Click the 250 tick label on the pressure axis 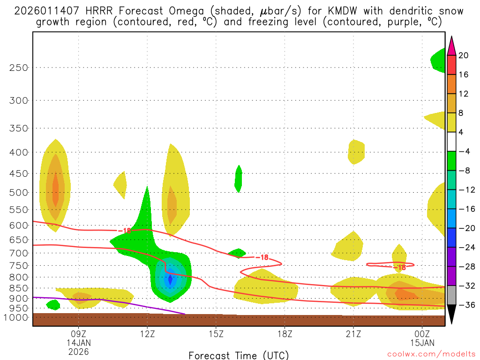click(19, 67)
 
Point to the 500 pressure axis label click(19, 193)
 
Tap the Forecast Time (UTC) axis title click(239, 355)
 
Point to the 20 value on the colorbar click(464, 55)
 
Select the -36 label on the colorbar click(466, 305)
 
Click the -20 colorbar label click(466, 228)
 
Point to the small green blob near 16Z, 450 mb click(239, 179)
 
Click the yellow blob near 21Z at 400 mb click(356, 151)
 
